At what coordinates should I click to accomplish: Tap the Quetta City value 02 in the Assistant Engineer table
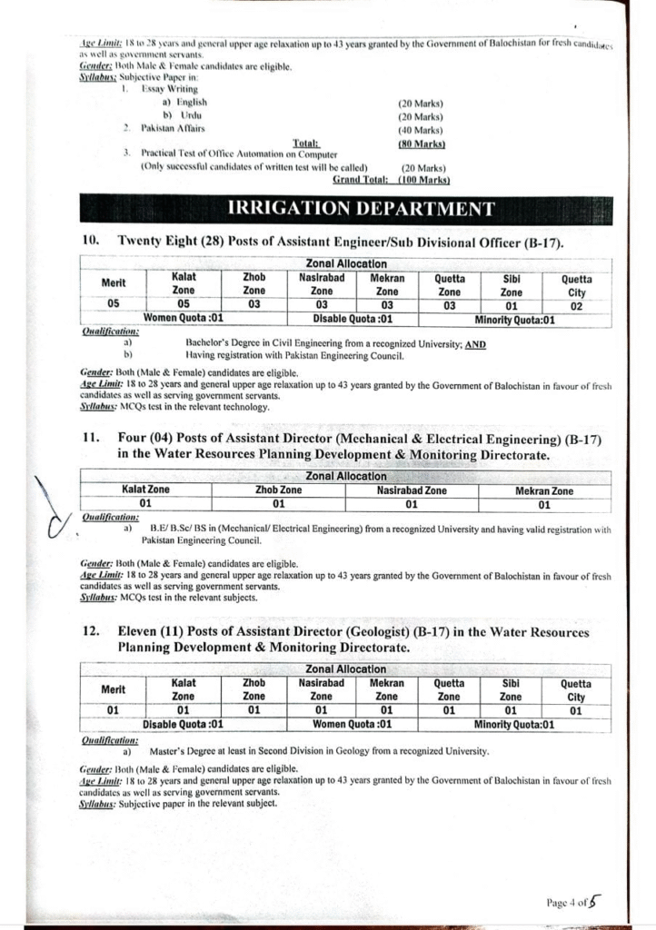pyautogui.click(x=576, y=306)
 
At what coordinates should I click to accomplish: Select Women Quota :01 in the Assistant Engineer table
pyautogui.click(x=184, y=319)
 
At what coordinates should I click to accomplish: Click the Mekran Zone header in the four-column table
pyautogui.click(x=543, y=490)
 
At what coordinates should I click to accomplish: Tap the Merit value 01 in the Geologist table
pyautogui.click(x=113, y=711)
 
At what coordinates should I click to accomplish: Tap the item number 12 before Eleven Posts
pyautogui.click(x=91, y=632)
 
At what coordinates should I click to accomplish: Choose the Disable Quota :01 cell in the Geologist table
pyautogui.click(x=184, y=725)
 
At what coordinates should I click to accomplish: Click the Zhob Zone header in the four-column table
pyautogui.click(x=279, y=490)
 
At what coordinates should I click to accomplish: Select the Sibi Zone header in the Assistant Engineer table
pyautogui.click(x=512, y=285)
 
